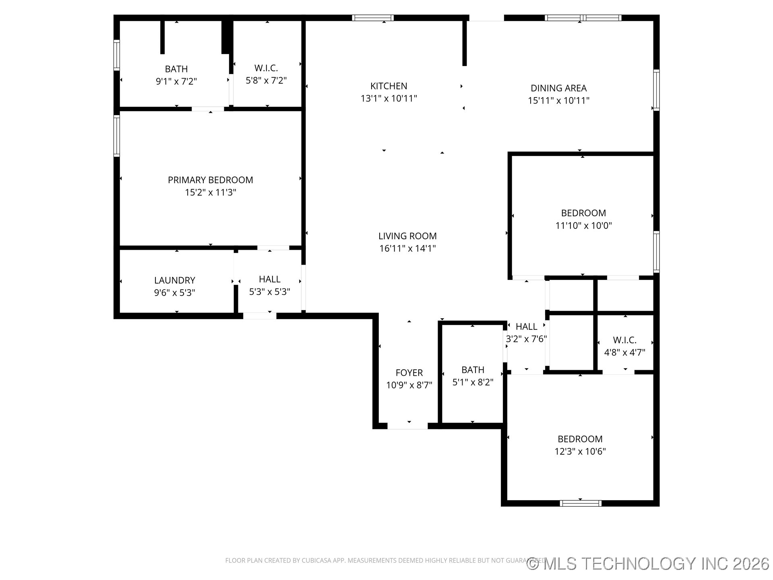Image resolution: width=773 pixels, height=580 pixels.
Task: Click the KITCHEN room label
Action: tap(389, 86)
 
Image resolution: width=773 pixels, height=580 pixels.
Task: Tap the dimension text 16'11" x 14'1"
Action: tap(407, 249)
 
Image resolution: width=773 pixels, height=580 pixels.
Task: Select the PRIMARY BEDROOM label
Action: tap(210, 180)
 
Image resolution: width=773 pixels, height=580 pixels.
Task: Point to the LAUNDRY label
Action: tap(174, 280)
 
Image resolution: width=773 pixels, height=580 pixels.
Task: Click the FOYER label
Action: tap(409, 373)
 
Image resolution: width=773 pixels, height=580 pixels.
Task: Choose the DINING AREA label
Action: tap(558, 88)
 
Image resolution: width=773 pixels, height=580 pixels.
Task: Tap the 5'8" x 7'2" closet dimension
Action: tap(266, 81)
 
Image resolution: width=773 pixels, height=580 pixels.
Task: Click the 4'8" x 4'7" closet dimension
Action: tap(624, 352)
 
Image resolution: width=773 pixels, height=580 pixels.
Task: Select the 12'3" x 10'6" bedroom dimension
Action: tap(580, 452)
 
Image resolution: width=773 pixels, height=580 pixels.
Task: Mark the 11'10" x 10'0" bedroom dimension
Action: tap(583, 226)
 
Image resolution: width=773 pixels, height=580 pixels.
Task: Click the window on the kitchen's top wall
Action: tap(373, 18)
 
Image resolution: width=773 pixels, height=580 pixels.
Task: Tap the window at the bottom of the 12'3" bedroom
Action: tap(580, 503)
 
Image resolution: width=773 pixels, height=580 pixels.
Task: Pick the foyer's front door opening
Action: tap(407, 426)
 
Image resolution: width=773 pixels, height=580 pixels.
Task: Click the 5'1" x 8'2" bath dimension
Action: tap(473, 382)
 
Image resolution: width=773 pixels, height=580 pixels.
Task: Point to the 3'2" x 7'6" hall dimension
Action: tap(526, 339)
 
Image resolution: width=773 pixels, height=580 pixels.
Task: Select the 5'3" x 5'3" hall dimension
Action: tap(269, 292)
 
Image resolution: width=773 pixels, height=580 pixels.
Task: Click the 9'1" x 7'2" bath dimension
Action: tap(176, 81)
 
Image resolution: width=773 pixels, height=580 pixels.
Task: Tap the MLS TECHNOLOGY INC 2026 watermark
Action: tap(648, 563)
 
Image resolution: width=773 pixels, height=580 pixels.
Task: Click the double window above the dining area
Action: tap(583, 18)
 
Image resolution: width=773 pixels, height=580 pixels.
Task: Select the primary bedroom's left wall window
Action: tap(117, 136)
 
